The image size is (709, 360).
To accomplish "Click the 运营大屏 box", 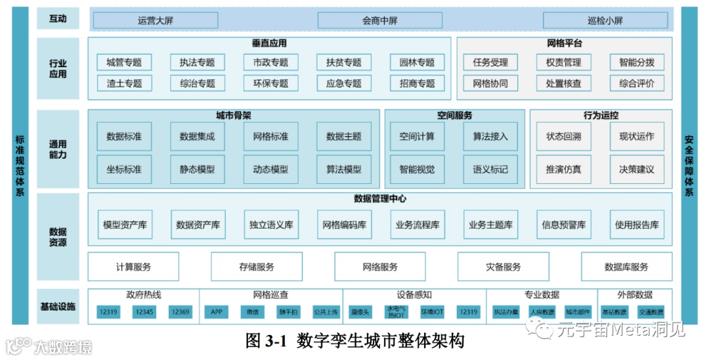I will (156, 20).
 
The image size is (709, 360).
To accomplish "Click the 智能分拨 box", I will (636, 62).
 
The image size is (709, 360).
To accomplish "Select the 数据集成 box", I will (197, 137).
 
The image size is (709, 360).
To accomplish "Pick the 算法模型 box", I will (343, 169).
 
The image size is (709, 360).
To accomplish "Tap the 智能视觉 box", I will (417, 169).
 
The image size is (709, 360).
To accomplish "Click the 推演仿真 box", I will (563, 169).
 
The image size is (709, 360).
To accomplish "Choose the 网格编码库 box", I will (344, 225).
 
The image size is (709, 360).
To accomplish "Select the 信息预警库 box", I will (563, 225).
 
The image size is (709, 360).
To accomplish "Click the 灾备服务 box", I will (503, 267).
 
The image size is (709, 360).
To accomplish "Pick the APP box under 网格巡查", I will (217, 312).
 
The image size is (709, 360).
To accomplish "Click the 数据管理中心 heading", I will (380, 198).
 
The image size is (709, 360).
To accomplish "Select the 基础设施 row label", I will (58, 306).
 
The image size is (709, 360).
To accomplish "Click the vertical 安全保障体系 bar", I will (689, 166).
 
